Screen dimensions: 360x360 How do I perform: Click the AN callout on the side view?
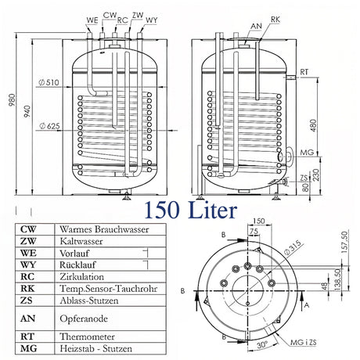pyautogui.click(x=256, y=25)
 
